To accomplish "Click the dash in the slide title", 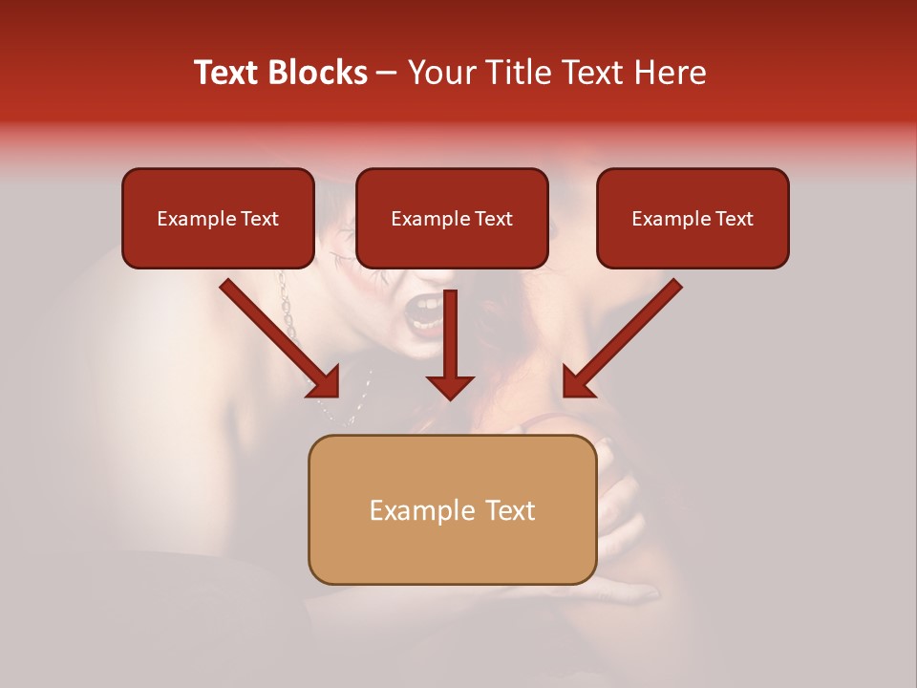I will pos(387,73).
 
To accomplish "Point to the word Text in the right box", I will pos(734,219).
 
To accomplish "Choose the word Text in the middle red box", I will pos(493,219).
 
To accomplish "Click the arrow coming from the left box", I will pos(282,339).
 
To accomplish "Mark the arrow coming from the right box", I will pos(621,339).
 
